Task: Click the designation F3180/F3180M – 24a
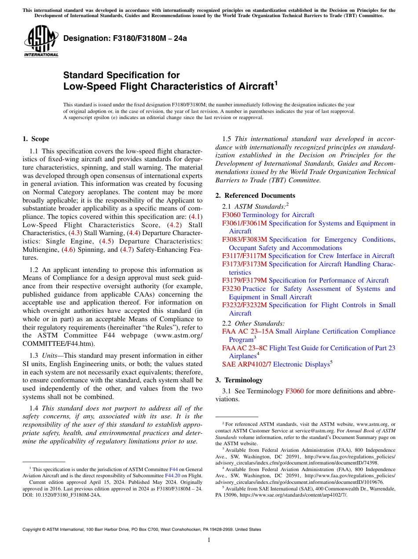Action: point(125,38)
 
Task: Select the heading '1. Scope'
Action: point(36,139)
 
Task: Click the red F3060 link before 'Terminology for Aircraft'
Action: point(231,215)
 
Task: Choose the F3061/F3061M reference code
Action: point(244,223)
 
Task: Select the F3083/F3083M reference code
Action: point(244,240)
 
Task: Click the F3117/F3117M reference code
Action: point(244,256)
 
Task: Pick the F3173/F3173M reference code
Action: point(244,264)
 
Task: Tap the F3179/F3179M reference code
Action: point(244,280)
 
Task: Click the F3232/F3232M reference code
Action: point(244,305)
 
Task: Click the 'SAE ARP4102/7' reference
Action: point(246,364)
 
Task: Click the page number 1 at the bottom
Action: point(209,540)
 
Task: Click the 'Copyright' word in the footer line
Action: point(33,530)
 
